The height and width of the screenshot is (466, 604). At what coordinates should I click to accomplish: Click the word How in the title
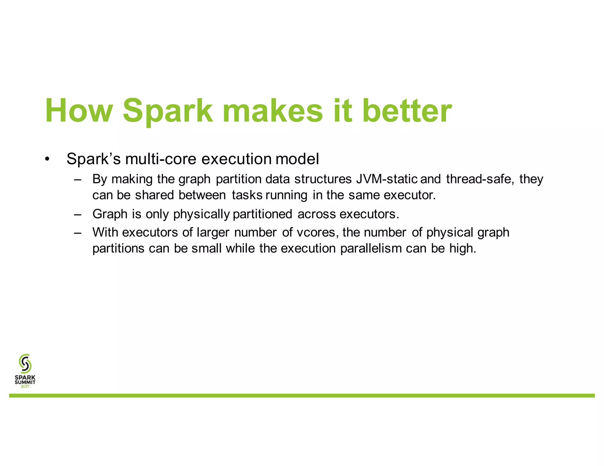[x=79, y=111]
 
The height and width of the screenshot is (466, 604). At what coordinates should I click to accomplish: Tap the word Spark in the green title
[x=167, y=111]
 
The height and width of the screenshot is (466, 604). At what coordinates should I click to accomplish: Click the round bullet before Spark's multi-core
[x=47, y=159]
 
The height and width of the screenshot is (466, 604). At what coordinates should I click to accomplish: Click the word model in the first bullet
[x=297, y=159]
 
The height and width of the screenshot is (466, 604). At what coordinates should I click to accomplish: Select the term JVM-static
[x=387, y=179]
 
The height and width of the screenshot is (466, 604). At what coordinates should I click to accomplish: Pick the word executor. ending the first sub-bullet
[x=410, y=195]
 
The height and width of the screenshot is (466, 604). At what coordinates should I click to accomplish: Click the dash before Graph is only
[x=78, y=214]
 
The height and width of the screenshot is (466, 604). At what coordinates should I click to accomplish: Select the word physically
[x=201, y=214]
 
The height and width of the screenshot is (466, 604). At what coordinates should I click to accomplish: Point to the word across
[x=316, y=214]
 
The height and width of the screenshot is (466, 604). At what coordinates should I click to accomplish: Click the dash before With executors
[x=78, y=233]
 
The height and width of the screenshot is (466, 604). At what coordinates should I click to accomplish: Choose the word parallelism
[x=371, y=249]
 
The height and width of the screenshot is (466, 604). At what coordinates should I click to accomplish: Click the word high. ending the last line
[x=463, y=249]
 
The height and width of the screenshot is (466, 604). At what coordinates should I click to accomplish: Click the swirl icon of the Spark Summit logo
[x=25, y=363]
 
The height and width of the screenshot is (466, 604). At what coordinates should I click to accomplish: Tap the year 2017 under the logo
[x=25, y=386]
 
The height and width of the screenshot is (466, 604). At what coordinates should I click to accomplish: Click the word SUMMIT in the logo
[x=25, y=382]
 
